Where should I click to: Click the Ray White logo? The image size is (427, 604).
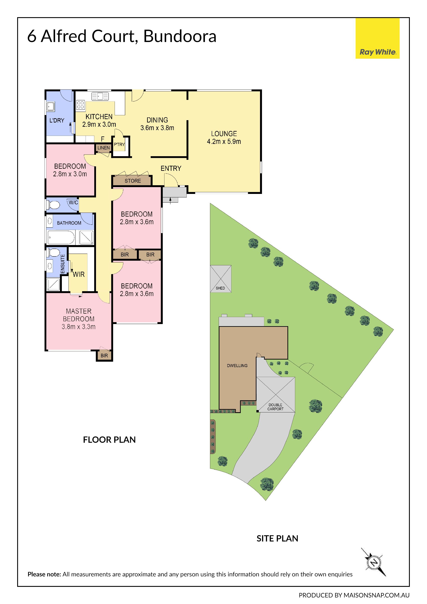[378, 38]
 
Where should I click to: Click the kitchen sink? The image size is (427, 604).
[100, 96]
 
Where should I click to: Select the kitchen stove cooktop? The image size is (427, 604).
[81, 105]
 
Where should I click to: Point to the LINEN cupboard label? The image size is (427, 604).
[104, 148]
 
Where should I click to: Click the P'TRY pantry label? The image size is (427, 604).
[119, 144]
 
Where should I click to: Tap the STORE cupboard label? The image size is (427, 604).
[133, 181]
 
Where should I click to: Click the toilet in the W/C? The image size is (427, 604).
[53, 205]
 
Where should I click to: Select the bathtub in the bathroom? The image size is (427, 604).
[61, 238]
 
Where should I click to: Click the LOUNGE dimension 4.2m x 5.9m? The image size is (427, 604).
[224, 142]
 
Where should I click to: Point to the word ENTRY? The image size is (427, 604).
[171, 168]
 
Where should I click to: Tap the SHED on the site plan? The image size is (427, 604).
[221, 279]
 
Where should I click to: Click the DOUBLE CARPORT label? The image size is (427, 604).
[275, 407]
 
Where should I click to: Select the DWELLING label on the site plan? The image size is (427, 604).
[237, 366]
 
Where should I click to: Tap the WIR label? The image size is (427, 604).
[79, 274]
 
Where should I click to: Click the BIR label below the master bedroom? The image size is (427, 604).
[104, 356]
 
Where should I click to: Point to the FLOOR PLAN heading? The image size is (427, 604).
[109, 440]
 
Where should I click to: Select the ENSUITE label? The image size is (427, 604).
[63, 264]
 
